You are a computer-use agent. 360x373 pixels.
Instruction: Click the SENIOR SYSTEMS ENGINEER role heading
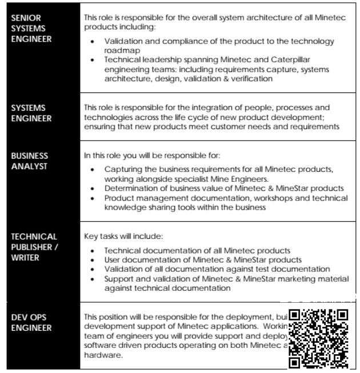(x=31, y=29)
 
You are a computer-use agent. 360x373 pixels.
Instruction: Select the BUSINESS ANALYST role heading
(x=29, y=161)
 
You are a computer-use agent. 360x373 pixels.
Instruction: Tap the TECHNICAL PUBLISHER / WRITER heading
(x=34, y=247)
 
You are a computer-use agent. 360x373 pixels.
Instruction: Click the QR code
(x=318, y=338)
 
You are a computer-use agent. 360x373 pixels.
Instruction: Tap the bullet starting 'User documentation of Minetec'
(x=203, y=260)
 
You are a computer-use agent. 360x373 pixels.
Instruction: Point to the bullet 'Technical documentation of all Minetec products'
(x=197, y=251)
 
